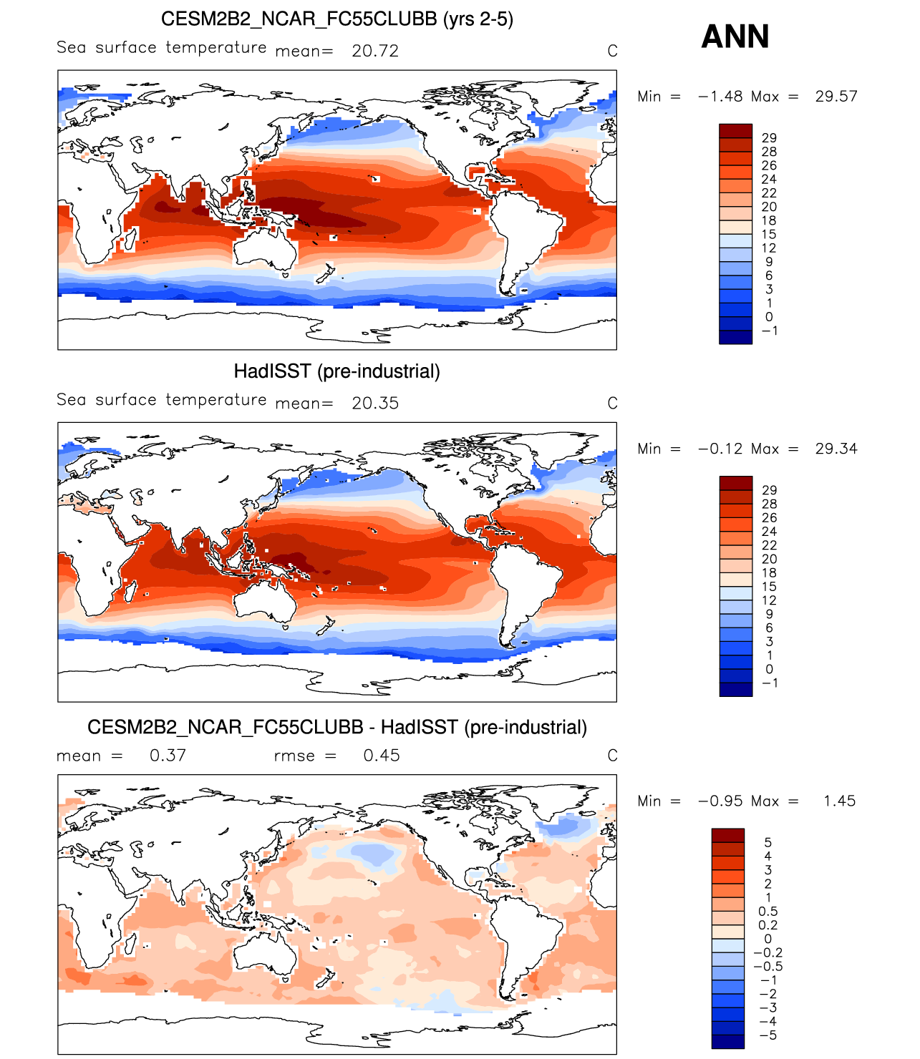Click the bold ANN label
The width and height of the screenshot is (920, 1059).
coord(735,36)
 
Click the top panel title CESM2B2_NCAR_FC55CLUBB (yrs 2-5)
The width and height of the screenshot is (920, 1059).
coord(336,19)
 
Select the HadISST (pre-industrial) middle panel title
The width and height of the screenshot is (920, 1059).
coord(336,371)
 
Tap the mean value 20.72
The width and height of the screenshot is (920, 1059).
coord(375,51)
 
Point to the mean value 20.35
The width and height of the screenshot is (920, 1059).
coord(375,404)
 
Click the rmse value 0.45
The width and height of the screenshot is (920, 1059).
coord(381,756)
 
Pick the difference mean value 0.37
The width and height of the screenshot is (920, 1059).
coord(168,756)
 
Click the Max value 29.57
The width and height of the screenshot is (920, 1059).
coord(836,97)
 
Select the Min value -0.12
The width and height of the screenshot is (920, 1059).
coord(720,449)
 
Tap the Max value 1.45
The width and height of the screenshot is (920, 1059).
coord(839,801)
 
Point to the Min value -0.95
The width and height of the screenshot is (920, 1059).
coord(720,801)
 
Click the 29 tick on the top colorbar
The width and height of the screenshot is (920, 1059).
coord(769,138)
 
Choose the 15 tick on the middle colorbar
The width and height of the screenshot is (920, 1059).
coord(769,587)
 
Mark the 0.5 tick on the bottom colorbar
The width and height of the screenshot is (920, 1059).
coord(768,912)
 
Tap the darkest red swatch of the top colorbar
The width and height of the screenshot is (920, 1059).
coord(735,131)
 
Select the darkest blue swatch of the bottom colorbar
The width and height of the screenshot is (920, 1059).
coord(727,1042)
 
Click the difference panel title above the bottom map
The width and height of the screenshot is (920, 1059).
coord(336,728)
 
